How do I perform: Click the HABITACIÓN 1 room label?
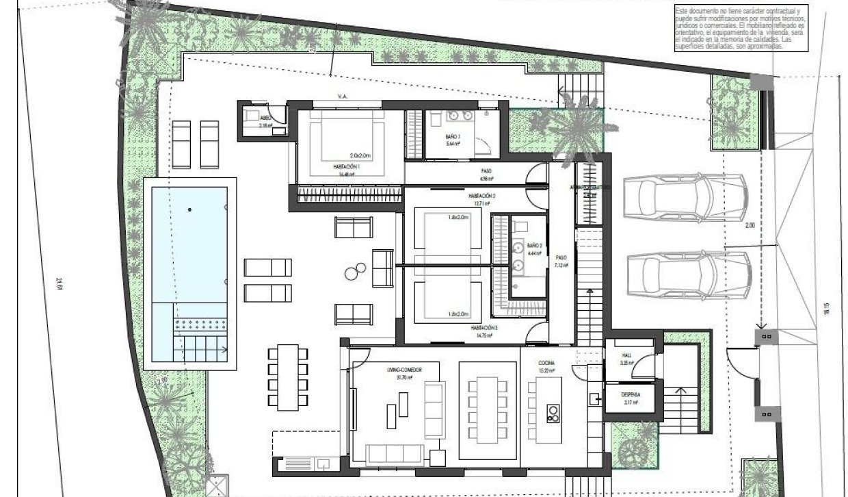tap(348, 168)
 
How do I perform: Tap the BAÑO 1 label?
tap(453, 139)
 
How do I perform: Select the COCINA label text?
tap(546, 362)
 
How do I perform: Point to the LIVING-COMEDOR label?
tap(403, 370)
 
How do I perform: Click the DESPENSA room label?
tap(630, 395)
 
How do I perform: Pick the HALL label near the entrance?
tap(626, 355)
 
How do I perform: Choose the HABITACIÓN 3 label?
tap(483, 328)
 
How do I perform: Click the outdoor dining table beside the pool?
tap(283, 374)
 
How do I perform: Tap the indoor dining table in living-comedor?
tap(487, 405)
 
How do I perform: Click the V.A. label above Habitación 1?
tap(343, 97)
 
